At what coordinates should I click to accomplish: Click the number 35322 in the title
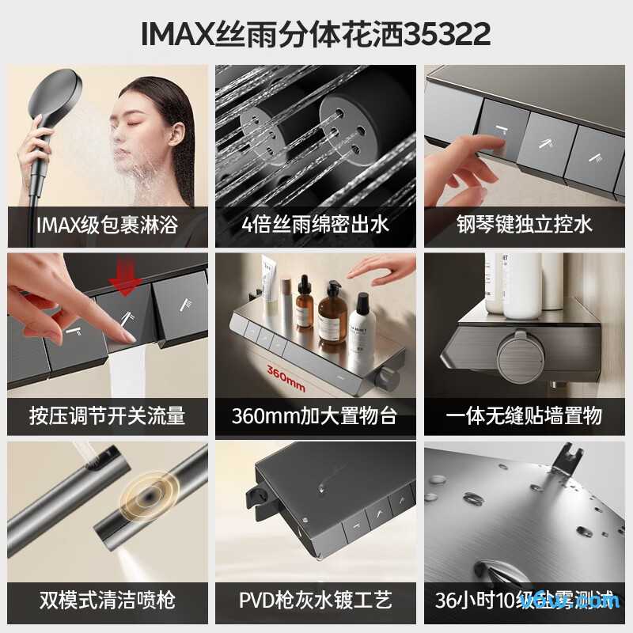pos(448,34)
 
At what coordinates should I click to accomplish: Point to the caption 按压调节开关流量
pos(107,415)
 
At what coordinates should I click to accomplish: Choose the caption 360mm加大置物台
pos(316,415)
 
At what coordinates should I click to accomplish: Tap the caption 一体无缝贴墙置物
pos(524,415)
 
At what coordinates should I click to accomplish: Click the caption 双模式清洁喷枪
pos(107,599)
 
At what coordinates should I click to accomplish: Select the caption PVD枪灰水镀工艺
pos(316,599)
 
